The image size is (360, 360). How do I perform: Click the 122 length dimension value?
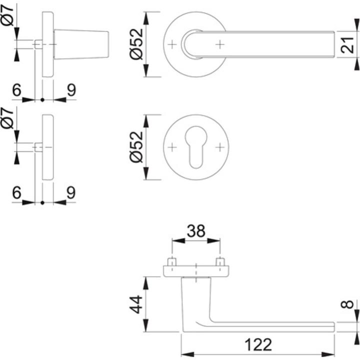click(258, 345)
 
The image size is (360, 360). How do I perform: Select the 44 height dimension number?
click(135, 303)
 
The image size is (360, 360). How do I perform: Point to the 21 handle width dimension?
click(349, 45)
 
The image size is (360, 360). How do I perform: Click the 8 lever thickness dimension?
click(349, 304)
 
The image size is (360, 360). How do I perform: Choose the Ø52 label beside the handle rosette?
click(135, 44)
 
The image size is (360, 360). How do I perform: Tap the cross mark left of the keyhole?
click(172, 147)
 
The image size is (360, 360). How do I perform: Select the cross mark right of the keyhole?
click(219, 147)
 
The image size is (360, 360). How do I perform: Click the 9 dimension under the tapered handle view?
click(71, 90)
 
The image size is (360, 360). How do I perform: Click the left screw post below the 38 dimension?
click(172, 262)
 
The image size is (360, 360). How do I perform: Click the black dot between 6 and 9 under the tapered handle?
click(42, 100)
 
